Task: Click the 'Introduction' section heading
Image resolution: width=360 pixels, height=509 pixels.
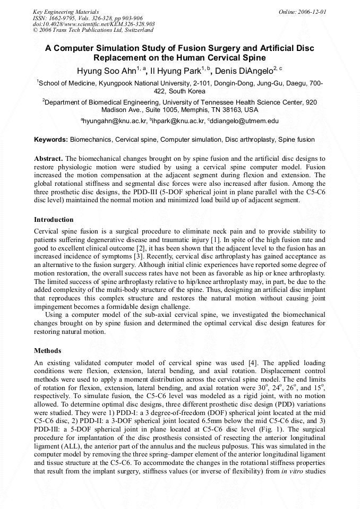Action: point(54,219)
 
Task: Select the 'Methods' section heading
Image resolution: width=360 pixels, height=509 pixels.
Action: point(47,351)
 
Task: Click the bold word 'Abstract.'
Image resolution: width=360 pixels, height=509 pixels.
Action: point(48,159)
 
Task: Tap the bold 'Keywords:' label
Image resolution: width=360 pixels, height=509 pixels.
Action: point(51,140)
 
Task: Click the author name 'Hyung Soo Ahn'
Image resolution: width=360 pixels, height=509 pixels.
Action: point(106,70)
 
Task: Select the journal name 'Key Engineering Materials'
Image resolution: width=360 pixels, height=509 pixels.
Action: point(66,11)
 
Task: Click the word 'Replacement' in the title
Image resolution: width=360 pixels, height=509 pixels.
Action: point(121,57)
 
